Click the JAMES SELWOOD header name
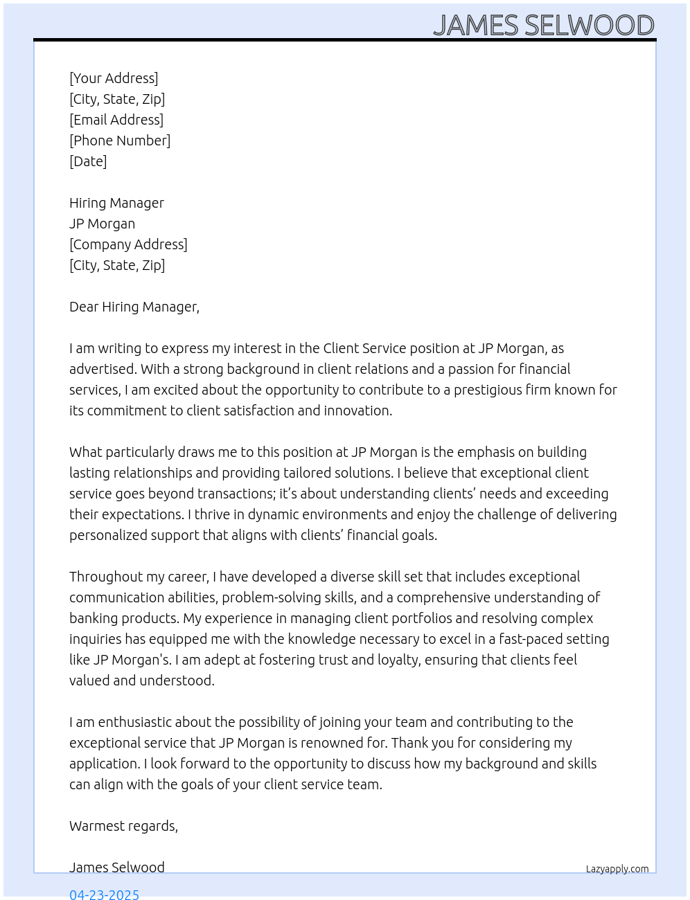tap(543, 26)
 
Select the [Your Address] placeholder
tap(114, 78)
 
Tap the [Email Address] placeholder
tap(116, 120)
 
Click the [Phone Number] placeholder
tap(120, 141)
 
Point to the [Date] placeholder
tap(88, 161)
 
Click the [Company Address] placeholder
tap(128, 244)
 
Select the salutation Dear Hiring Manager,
tap(134, 307)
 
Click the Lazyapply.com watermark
tap(617, 869)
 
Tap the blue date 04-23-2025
tap(104, 894)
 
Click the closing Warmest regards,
tap(123, 826)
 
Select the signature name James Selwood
tap(117, 867)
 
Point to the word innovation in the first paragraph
tap(359, 411)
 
